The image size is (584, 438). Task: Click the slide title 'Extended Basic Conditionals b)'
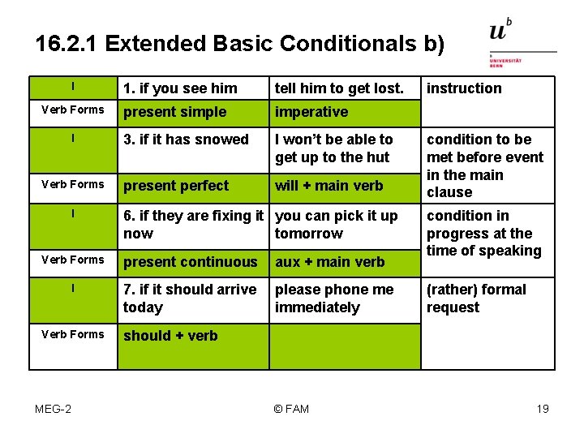240,43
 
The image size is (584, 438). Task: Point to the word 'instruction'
464,88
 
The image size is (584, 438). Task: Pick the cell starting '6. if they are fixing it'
193,225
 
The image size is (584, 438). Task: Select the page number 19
543,409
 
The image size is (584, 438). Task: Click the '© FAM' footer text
291,409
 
